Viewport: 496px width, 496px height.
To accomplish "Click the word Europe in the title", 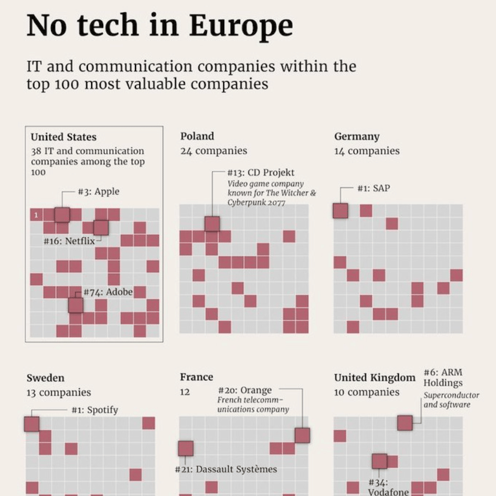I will [x=242, y=26].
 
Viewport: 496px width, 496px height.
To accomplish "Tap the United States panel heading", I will [x=63, y=137].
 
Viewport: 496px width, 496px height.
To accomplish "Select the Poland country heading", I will [x=197, y=136].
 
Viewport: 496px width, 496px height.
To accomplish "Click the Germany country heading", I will [x=357, y=136].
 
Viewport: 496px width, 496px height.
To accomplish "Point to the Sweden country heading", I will [x=45, y=378].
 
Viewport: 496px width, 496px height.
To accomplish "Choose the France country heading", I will [x=196, y=377].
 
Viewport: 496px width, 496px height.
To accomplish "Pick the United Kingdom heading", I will [x=374, y=378].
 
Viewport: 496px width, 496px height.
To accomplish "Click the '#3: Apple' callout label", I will [x=99, y=191].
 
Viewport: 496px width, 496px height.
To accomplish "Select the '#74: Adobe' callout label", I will [x=108, y=292].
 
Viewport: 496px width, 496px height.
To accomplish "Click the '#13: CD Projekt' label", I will [x=260, y=173].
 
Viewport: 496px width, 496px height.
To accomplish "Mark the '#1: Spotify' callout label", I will [x=95, y=410].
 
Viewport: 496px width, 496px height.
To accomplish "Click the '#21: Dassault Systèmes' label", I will [x=226, y=469].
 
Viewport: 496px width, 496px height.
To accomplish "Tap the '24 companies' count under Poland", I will [x=213, y=151].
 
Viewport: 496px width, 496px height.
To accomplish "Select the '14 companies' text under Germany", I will [x=367, y=151].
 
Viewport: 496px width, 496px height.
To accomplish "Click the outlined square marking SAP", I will [x=340, y=211].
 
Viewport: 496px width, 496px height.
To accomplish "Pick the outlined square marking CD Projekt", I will [x=212, y=224].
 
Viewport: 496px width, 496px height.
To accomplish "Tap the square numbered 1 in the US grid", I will [x=36, y=215].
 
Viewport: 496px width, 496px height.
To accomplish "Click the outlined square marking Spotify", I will [x=32, y=424].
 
